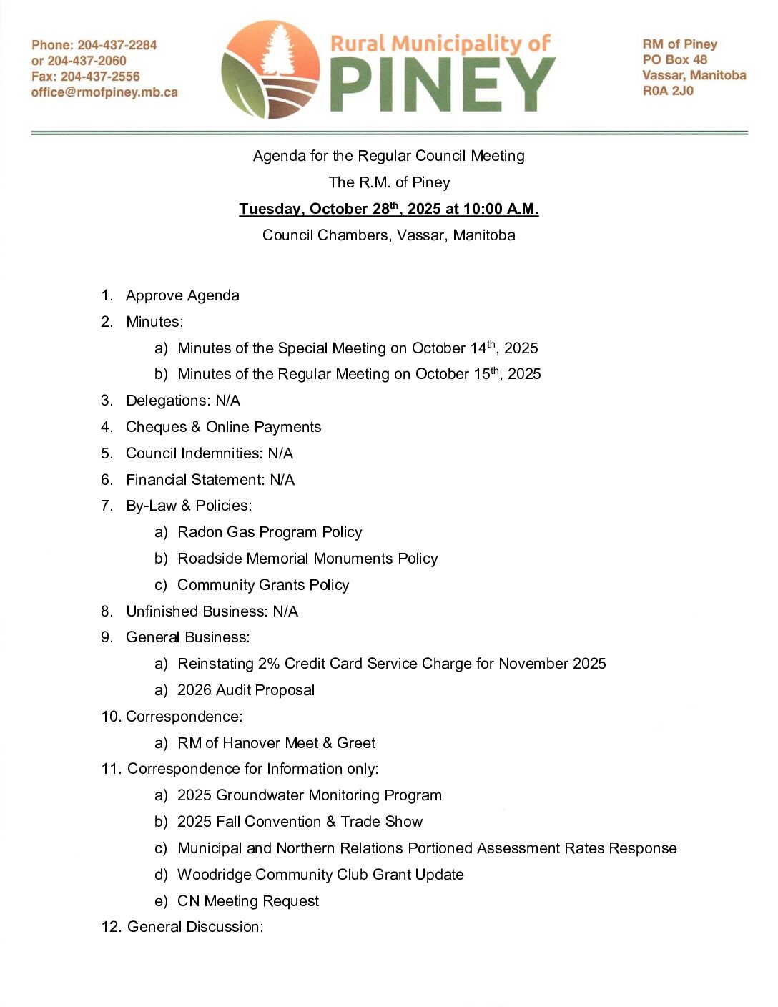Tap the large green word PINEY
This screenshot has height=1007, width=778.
(x=443, y=84)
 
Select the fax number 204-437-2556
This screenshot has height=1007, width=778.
(x=100, y=77)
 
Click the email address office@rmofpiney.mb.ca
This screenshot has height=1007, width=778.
(x=104, y=92)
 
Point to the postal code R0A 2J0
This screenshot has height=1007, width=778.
(x=668, y=91)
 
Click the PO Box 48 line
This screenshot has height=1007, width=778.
(x=674, y=59)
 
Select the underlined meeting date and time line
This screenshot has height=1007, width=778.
(x=388, y=209)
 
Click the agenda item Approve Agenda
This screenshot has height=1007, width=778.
(x=182, y=295)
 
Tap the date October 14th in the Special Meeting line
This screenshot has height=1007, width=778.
(x=453, y=348)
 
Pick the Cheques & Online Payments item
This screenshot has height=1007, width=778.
(x=223, y=427)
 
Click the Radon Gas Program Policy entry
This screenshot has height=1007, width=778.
(x=270, y=532)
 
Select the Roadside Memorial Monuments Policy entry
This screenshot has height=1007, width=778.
(x=307, y=559)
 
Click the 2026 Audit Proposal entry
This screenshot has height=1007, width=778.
(x=246, y=690)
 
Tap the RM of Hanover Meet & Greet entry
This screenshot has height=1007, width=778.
(x=276, y=743)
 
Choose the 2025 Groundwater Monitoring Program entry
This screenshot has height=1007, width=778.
(x=309, y=795)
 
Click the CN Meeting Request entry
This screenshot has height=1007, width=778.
(x=247, y=901)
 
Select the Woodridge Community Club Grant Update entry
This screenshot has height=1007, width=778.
(x=320, y=875)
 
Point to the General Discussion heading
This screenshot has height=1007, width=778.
(x=194, y=927)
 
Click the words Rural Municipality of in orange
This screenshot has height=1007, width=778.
(x=440, y=44)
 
